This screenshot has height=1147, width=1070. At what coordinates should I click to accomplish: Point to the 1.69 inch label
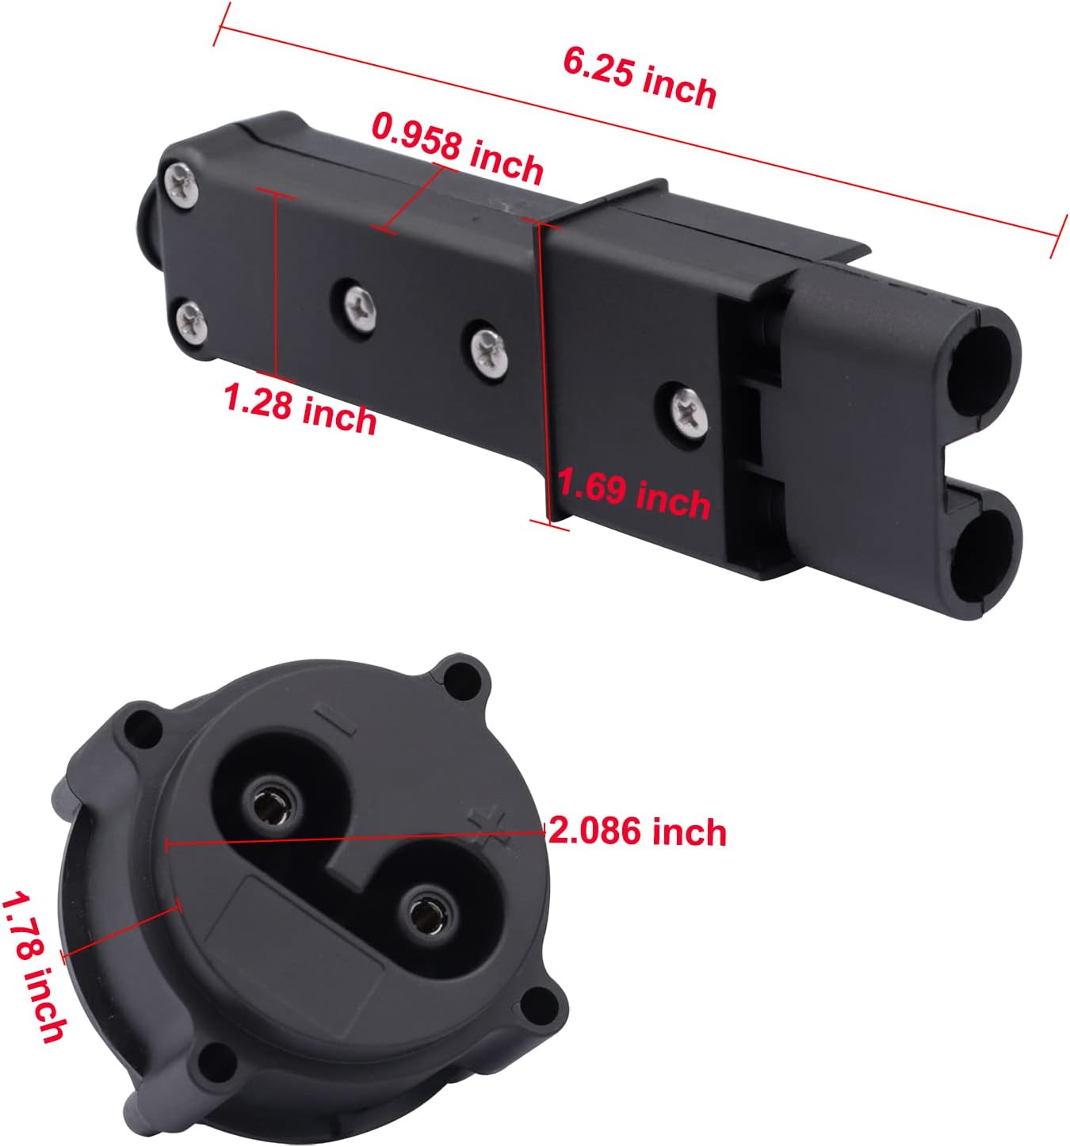633,493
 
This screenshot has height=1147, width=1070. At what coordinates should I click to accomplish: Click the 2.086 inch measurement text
637,832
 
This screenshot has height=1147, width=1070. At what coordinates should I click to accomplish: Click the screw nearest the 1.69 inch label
686,410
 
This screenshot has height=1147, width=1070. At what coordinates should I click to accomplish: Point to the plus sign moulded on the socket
485,827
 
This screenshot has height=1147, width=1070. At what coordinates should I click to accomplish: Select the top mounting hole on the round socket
458,676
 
